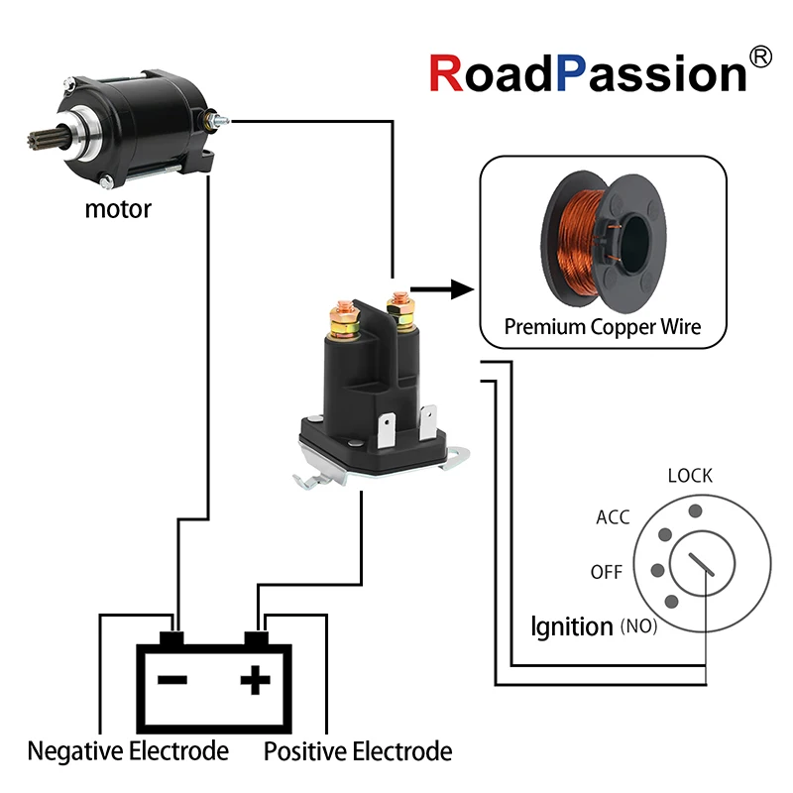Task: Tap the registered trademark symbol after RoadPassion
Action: coord(761,57)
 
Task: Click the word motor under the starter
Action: coord(118,209)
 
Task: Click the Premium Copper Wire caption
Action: coord(602,326)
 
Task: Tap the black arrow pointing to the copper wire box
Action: coord(440,289)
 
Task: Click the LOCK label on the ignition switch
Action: coord(690,475)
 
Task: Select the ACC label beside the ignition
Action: coord(613,516)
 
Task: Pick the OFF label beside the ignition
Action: coord(607,572)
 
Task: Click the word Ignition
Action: coord(572,626)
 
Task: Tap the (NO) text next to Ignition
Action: coord(638,627)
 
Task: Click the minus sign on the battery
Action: coord(173,681)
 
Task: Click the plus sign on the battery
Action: coord(255,680)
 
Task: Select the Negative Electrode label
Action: coord(128,751)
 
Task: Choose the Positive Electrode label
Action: coord(358,751)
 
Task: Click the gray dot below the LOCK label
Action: coord(695,510)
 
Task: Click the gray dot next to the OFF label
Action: coord(656,571)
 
